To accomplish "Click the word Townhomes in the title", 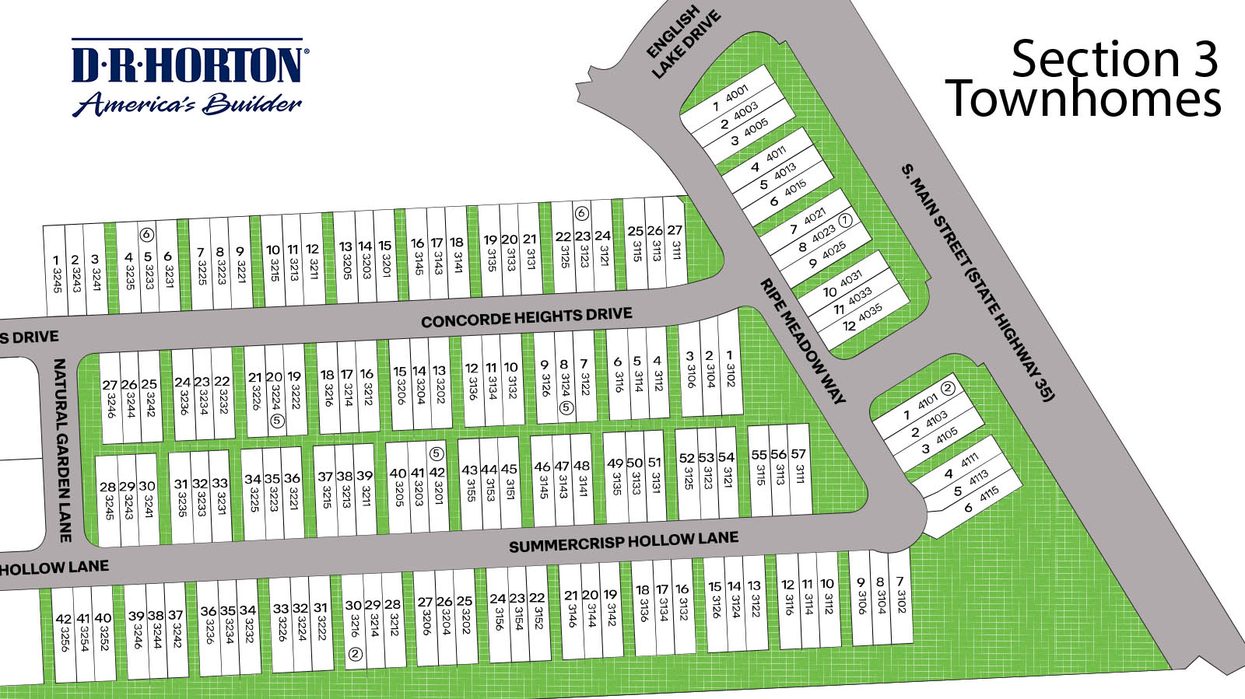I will tap(1083, 100).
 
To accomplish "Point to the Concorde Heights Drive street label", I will tap(527, 317).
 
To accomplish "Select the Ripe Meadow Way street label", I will tap(802, 341).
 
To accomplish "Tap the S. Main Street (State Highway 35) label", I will tap(978, 281).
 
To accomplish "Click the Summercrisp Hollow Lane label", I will tap(623, 542).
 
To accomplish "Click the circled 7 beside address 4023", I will tap(845, 221).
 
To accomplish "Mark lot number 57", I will tap(798, 469).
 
